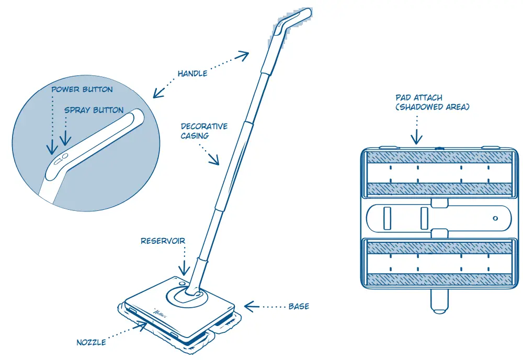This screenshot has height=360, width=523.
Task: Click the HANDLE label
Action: [x=192, y=73]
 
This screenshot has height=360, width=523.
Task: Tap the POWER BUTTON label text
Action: [x=82, y=89]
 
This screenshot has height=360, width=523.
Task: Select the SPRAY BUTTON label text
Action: [x=94, y=110]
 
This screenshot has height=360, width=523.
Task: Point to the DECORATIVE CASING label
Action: [x=204, y=131]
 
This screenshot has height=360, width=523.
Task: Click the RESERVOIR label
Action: [x=163, y=241]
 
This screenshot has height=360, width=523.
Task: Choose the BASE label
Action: [x=299, y=306]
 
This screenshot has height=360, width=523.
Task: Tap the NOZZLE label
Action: [x=91, y=342]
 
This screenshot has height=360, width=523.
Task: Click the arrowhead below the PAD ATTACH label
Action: [x=416, y=139]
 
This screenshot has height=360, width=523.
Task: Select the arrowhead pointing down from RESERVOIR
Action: [x=184, y=270]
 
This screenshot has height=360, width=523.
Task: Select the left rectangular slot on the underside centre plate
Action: [x=388, y=218]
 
